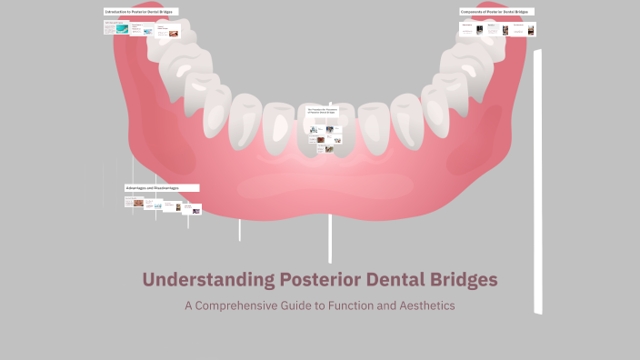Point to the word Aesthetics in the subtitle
click(x=422, y=305)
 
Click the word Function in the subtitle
click(x=338, y=305)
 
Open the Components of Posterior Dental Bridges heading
click(x=495, y=12)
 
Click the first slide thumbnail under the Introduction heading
click(x=115, y=28)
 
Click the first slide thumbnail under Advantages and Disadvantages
click(x=135, y=203)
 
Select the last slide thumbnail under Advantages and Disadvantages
click(x=192, y=210)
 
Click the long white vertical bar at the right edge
click(x=537, y=182)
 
